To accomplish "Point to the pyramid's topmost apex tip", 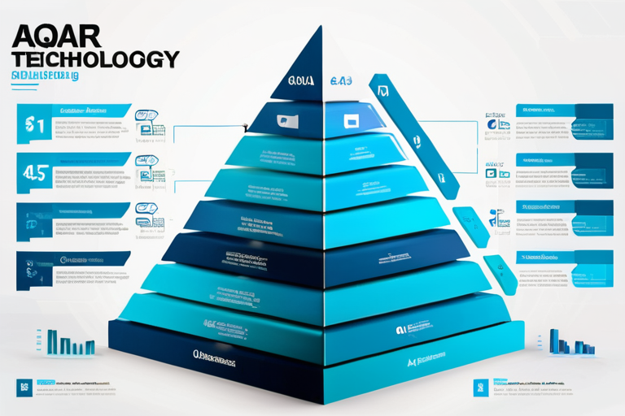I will pos(321,27).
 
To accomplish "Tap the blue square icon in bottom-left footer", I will pos(24,387).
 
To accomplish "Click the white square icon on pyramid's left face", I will pos(288,122).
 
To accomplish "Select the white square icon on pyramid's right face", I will pos(352,121).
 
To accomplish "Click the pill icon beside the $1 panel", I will pos(146,116).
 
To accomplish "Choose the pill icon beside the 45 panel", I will pos(146,161).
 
